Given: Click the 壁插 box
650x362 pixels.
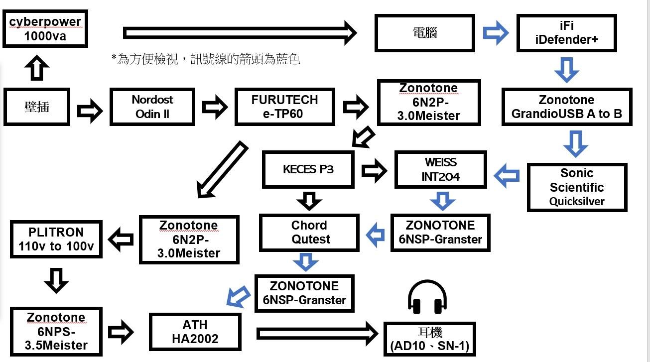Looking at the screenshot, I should pos(36,107).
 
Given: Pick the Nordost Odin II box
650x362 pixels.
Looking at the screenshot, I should pos(152,107).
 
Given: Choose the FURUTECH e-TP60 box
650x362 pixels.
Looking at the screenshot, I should pos(284,107).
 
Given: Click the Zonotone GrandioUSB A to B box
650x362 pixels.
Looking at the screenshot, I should pos(566,107).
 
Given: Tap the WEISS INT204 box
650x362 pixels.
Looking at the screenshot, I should pos(440,170).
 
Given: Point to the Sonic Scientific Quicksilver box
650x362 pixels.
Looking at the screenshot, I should pos(576,187).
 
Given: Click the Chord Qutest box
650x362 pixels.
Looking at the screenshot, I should pos(309,232).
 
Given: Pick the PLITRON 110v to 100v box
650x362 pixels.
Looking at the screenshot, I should pos(56,239).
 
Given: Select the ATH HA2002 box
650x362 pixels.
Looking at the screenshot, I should pos(195,332).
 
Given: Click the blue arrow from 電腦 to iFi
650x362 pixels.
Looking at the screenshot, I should pos(496,33).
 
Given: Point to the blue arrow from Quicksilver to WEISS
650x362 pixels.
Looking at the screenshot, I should pos(507,176).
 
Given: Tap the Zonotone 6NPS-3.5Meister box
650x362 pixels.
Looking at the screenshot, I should pos(56,331).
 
